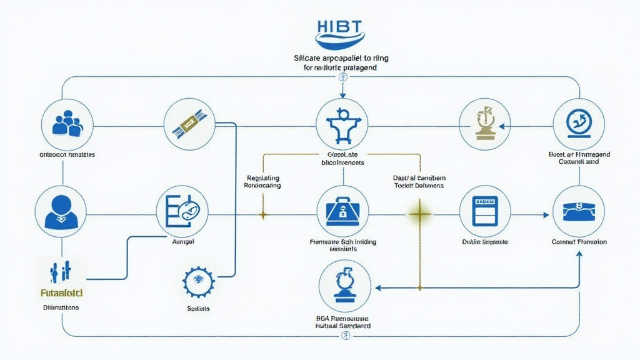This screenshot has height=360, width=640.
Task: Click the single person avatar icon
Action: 61,211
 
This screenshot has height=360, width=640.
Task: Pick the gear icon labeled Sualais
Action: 198,282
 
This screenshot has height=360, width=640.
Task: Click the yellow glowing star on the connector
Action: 419,215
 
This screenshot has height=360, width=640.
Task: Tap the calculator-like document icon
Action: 484,212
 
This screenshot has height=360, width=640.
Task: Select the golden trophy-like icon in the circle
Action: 484,122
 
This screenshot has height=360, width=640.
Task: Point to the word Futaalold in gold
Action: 60,292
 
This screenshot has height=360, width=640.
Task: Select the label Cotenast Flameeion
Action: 579,241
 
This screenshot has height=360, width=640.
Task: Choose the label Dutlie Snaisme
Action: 484,241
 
